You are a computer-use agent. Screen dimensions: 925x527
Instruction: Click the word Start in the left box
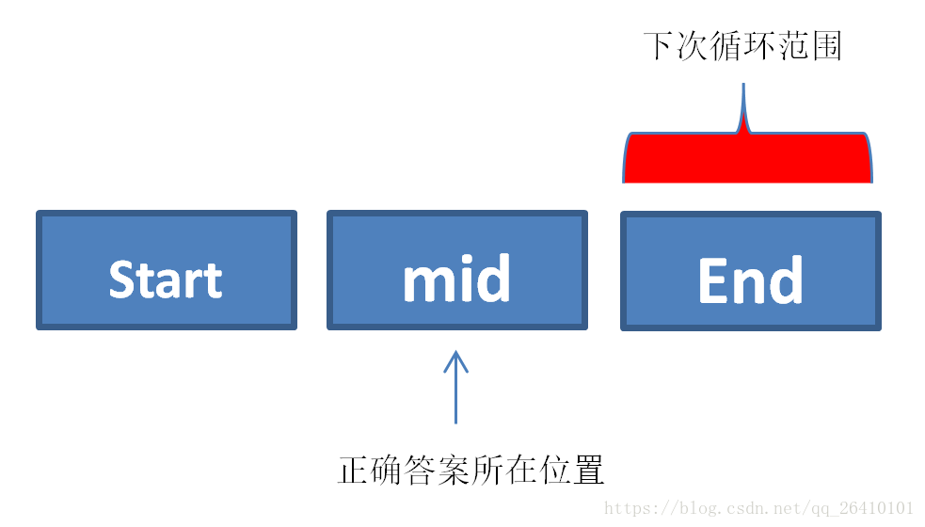166,279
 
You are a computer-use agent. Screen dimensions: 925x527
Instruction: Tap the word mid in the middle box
456,278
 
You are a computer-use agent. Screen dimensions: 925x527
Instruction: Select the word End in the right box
750,279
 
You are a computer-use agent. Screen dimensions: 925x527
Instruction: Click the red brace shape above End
747,157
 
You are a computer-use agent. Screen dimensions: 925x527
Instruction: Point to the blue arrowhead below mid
456,361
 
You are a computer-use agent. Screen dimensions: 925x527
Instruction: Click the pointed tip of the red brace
743,85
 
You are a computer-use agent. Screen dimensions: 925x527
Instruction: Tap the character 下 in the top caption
659,46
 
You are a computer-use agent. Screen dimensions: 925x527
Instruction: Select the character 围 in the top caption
826,46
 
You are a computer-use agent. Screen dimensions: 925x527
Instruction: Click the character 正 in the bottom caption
354,470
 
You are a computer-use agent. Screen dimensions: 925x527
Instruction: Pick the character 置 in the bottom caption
588,470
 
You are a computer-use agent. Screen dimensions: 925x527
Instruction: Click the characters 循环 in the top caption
742,46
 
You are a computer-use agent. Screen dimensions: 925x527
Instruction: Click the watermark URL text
758,508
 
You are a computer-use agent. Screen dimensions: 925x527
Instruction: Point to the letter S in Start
121,279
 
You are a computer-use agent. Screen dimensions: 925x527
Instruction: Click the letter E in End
711,279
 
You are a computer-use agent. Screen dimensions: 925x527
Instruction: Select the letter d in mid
494,278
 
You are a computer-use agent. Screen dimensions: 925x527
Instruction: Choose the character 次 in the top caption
693,46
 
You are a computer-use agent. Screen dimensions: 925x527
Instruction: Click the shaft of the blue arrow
456,389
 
